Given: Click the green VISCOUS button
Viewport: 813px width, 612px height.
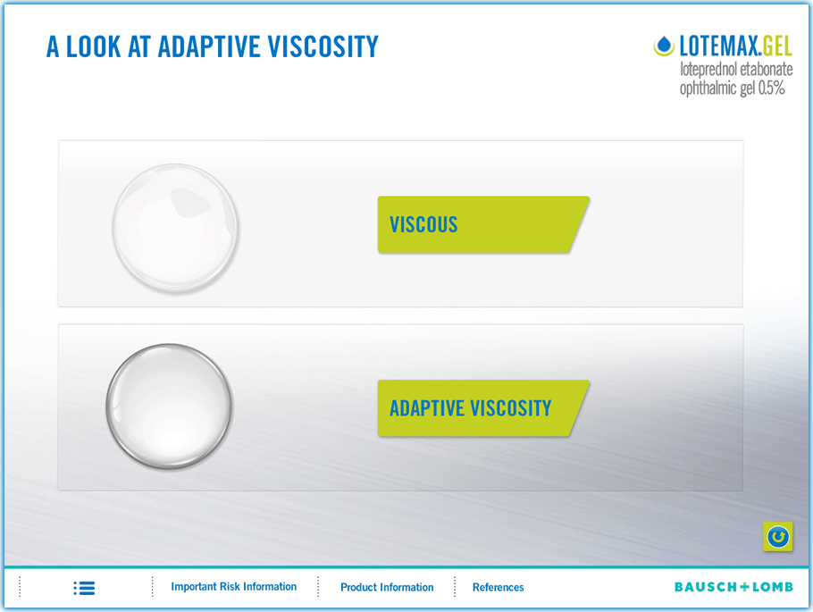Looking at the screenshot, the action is [482, 224].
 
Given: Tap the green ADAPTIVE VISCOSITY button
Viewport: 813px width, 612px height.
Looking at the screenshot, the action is [482, 408].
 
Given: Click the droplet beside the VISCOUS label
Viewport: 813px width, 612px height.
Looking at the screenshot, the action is [175, 228].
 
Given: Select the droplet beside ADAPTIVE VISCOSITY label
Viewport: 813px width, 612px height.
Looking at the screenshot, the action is [169, 407].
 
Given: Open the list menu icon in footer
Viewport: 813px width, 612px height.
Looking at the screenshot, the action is [84, 588].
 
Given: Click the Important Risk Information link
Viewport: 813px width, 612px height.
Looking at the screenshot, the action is [234, 587].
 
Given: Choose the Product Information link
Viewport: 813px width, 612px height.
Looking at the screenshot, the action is [387, 587].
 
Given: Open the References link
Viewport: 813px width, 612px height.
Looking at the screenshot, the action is [498, 587].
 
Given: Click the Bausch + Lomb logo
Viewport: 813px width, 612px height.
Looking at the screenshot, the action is [733, 587].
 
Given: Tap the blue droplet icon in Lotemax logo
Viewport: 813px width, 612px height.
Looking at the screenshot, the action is [663, 46].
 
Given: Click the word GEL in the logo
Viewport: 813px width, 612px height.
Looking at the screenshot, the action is [777, 46].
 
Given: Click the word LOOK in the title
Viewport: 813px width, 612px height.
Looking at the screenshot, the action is [93, 46].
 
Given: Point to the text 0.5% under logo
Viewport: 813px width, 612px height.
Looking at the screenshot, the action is [772, 88].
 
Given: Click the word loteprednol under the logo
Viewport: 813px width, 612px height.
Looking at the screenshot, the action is [708, 70].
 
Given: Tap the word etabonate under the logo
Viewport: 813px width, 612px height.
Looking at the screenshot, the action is [767, 69].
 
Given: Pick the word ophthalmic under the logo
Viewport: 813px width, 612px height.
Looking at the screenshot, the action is [708, 88].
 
